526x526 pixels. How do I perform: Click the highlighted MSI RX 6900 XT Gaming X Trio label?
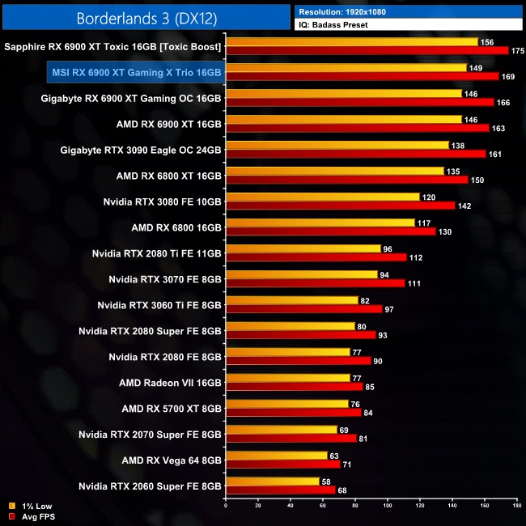click(x=136, y=73)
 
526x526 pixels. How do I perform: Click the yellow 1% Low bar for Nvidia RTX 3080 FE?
click(x=323, y=197)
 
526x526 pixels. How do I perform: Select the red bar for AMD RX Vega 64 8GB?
click(x=283, y=464)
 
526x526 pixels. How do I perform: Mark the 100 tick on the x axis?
click(x=388, y=507)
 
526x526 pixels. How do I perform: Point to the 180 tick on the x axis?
click(x=516, y=507)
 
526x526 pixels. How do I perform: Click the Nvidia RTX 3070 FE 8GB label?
click(x=165, y=279)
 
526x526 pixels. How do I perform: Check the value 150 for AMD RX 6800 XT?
click(x=477, y=180)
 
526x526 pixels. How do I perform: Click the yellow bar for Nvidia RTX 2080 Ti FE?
click(x=303, y=248)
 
